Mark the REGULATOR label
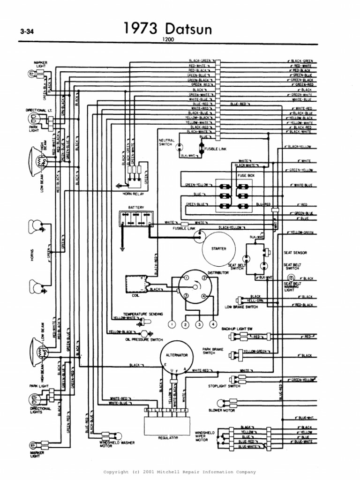167,437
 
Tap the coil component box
136,284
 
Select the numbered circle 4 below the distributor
213,324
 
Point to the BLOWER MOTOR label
222,410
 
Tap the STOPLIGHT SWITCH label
224,386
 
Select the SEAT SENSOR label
295,253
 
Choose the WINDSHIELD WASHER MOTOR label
112,444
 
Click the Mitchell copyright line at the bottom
180,472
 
